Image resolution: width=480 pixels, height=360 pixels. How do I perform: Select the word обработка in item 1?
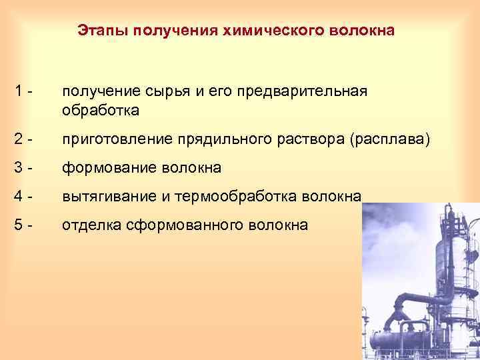tap(101, 110)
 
